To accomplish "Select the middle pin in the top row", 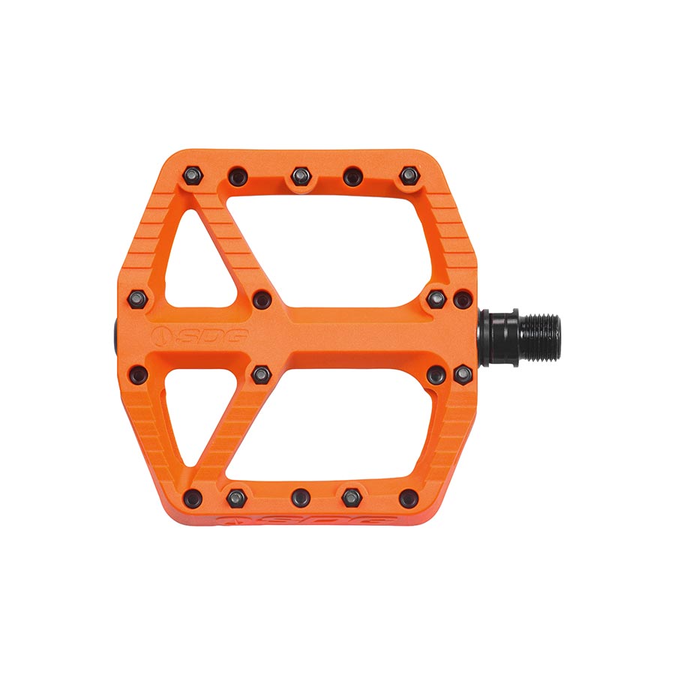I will [x=300, y=176].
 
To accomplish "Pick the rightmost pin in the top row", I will [x=408, y=176].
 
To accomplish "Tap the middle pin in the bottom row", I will [x=301, y=495].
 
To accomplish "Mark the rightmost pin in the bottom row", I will [x=409, y=496].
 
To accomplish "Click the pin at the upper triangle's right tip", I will [x=261, y=299].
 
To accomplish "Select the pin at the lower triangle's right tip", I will [x=261, y=373].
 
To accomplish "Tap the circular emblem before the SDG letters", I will [x=160, y=335].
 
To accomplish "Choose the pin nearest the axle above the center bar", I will [x=462, y=301].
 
